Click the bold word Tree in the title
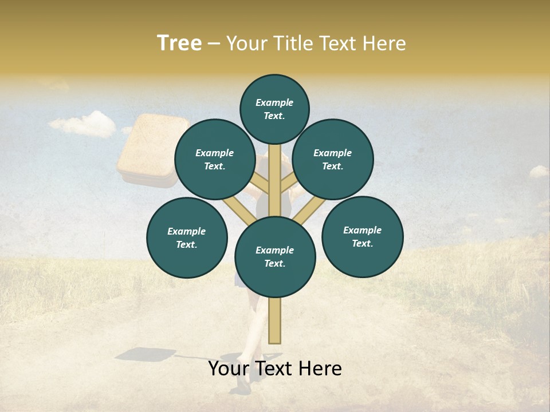coord(179,43)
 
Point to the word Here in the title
coord(384,43)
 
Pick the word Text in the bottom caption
coord(275,369)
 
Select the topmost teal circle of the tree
coord(274,109)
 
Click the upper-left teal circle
coord(215,159)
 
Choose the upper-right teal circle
coord(333,159)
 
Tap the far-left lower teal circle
coord(187,237)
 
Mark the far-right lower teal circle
coord(362,236)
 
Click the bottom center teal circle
coord(275,256)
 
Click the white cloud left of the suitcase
coord(83,124)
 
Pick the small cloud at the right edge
coord(539,171)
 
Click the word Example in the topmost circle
coord(274,102)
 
